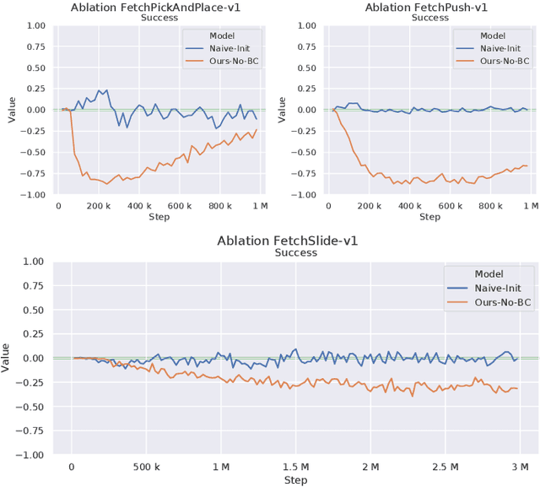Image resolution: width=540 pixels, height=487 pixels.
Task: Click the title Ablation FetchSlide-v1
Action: pyautogui.click(x=288, y=241)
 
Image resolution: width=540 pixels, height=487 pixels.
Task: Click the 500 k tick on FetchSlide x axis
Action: pyautogui.click(x=146, y=467)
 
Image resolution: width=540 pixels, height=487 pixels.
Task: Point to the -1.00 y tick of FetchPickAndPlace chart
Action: pyautogui.click(x=34, y=194)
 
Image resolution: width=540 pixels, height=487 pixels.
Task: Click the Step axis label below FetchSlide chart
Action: pyautogui.click(x=295, y=480)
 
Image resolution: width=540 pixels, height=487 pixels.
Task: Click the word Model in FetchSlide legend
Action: pyautogui.click(x=489, y=273)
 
